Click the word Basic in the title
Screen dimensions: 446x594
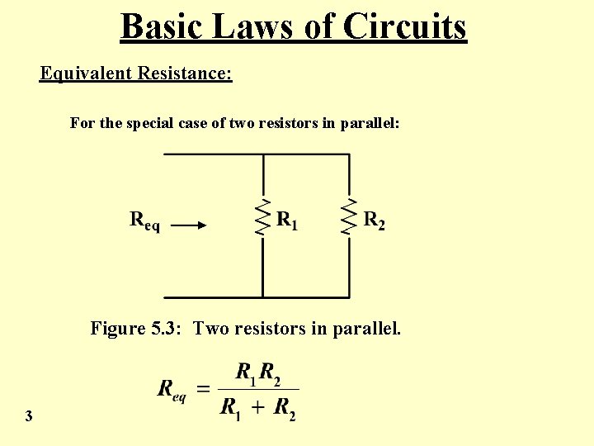(162, 26)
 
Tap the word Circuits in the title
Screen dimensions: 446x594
(404, 26)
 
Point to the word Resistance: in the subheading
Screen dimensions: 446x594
(185, 74)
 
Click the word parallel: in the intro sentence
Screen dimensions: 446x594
(370, 123)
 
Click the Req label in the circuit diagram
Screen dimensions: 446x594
(145, 221)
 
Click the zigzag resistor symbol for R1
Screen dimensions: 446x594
(263, 217)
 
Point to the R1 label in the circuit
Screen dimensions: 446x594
(287, 221)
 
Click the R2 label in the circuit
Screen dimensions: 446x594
(374, 221)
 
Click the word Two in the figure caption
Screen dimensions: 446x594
(212, 329)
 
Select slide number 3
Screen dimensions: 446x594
(29, 416)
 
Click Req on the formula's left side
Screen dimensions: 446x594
(172, 389)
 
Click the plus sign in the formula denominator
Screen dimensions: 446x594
(257, 407)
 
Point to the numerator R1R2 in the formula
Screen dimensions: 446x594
(257, 372)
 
